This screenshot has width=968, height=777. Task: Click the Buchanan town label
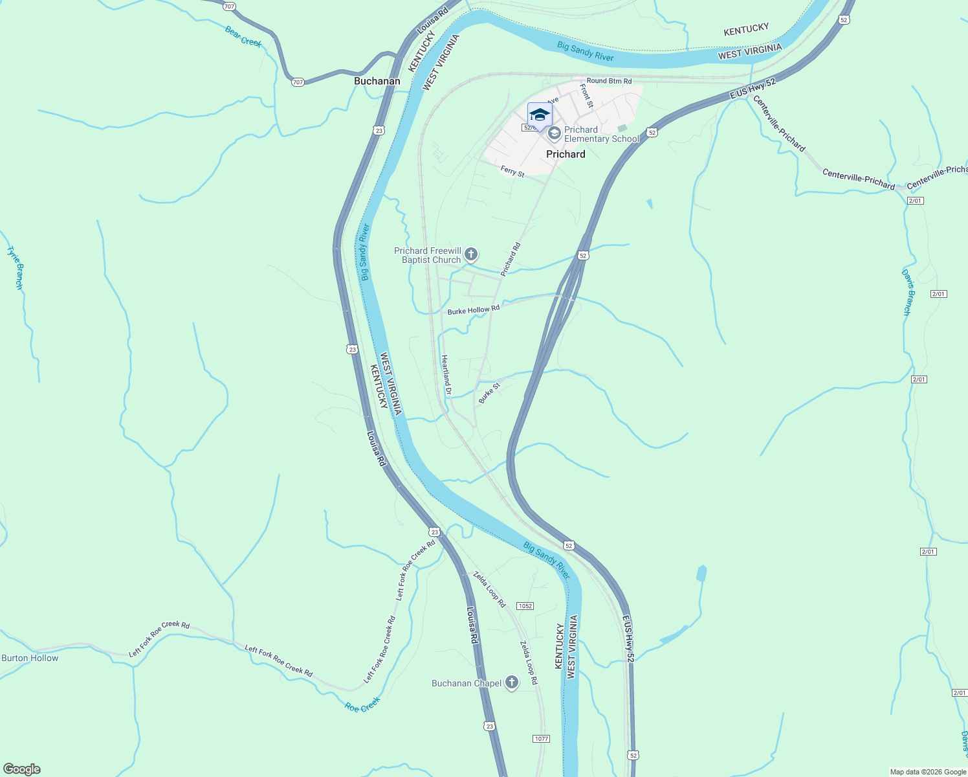click(x=377, y=81)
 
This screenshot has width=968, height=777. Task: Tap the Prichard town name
click(x=566, y=154)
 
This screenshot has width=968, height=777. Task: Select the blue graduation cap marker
click(x=540, y=115)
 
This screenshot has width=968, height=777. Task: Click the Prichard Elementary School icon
click(x=554, y=133)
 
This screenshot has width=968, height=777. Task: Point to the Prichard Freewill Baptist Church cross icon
click(x=471, y=254)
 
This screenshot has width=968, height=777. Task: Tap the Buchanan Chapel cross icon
click(x=511, y=682)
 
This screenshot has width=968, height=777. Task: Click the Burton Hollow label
click(x=30, y=658)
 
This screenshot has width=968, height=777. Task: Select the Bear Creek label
click(x=243, y=36)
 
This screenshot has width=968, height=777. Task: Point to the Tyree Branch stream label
click(x=15, y=267)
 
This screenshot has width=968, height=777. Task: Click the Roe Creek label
click(x=362, y=704)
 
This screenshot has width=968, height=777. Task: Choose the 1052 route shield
click(x=525, y=606)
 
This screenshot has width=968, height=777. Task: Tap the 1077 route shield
click(x=542, y=739)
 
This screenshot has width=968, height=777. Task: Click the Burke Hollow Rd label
click(x=474, y=310)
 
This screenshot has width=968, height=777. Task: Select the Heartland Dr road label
click(x=446, y=374)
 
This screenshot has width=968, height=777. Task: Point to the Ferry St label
click(x=512, y=172)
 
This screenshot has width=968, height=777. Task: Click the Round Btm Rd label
click(x=609, y=81)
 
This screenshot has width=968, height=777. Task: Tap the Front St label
click(x=586, y=95)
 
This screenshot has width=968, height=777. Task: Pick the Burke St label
click(x=489, y=393)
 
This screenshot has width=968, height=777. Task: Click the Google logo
click(x=21, y=769)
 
